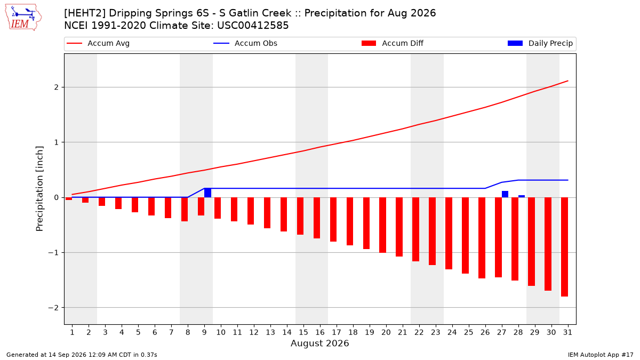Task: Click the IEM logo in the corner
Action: [23, 18]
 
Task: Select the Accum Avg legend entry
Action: [98, 43]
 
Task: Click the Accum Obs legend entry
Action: [245, 43]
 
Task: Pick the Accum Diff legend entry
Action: [393, 43]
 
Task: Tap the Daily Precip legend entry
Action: [540, 43]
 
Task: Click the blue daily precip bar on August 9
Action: [207, 193]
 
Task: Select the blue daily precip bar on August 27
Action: [505, 194]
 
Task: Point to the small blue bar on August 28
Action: [522, 196]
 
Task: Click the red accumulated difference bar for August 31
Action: [564, 247]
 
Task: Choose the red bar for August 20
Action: [382, 225]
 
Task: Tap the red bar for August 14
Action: [284, 214]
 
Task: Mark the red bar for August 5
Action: [135, 205]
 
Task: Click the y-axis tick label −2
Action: [53, 308]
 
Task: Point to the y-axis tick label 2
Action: [57, 87]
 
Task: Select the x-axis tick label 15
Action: [303, 332]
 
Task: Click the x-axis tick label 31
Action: [567, 332]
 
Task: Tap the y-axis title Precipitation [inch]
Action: [39, 189]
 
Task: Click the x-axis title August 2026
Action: [319, 343]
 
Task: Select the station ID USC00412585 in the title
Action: [253, 26]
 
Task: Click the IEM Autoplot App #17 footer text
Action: [601, 355]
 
